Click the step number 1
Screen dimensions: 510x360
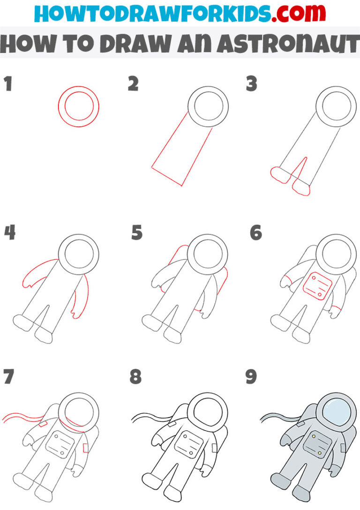(8, 85)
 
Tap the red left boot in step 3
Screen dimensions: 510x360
(280, 175)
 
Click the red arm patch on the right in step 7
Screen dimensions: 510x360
(86, 448)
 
